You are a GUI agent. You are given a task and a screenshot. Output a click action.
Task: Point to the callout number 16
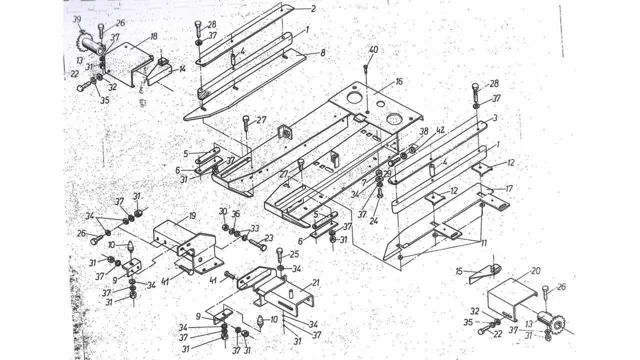point(398,81)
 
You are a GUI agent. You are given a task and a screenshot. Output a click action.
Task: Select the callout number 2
point(313,8)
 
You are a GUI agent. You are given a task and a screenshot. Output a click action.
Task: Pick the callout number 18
point(153,36)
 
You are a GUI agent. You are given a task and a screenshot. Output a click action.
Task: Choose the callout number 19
point(192,216)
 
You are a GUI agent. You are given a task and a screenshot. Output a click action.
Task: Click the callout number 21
point(315,282)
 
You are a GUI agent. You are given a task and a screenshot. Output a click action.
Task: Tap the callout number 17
point(509,189)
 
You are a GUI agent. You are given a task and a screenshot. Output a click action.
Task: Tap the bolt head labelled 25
point(279,251)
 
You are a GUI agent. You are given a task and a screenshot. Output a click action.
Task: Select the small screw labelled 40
point(366,67)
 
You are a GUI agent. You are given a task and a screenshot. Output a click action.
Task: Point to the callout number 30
point(223,211)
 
